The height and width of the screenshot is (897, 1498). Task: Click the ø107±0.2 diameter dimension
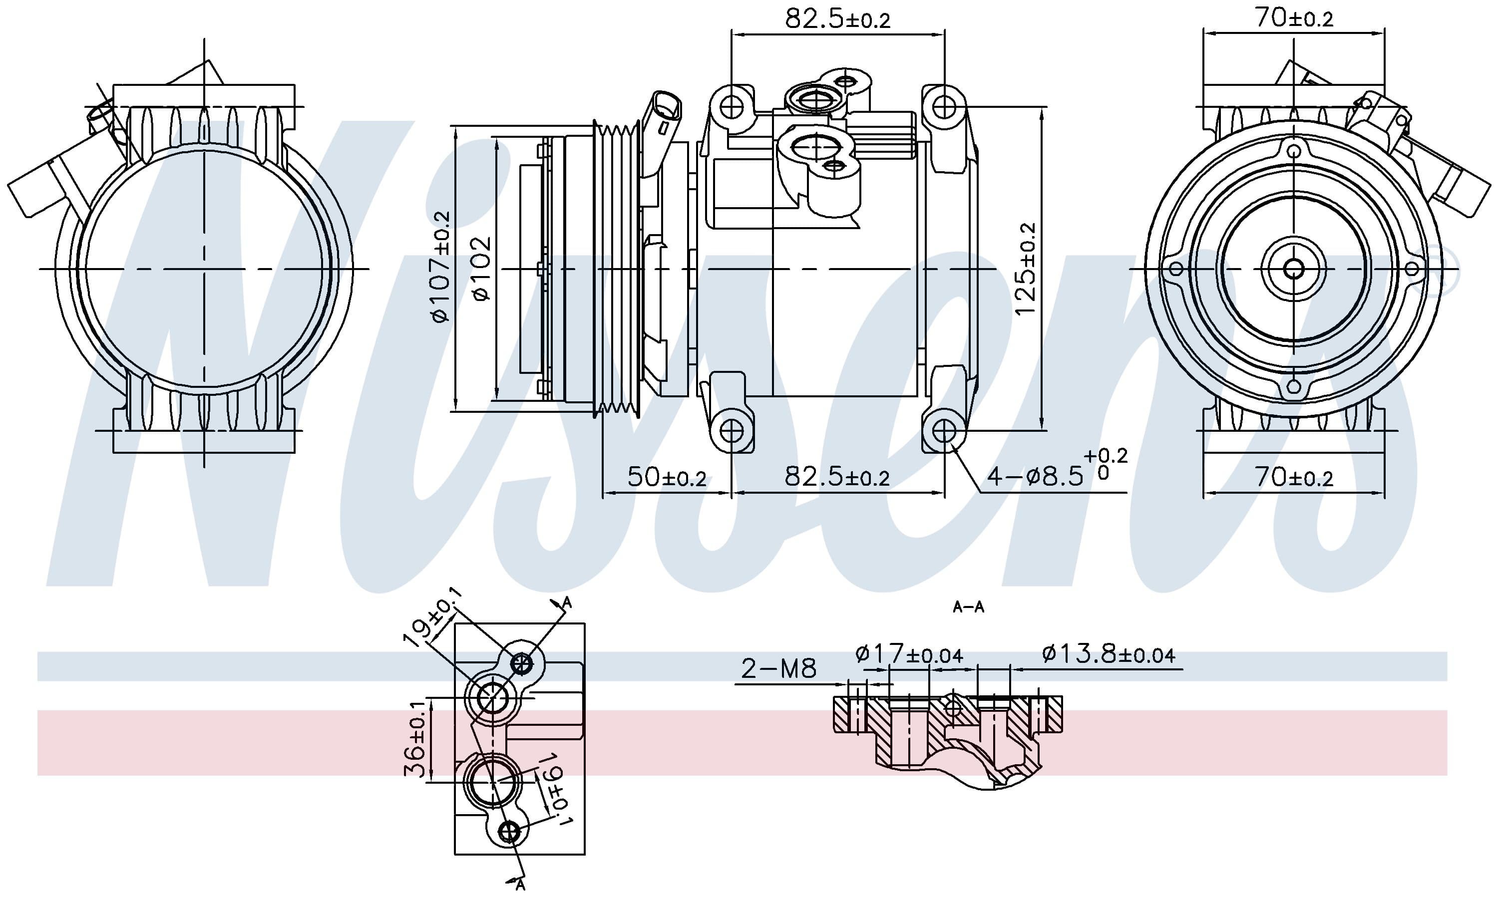point(441,266)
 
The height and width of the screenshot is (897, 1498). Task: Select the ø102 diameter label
point(482,269)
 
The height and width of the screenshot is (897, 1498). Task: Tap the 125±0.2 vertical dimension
point(1025,269)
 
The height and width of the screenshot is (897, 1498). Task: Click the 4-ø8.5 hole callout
point(1055,476)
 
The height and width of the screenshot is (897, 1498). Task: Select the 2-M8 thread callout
point(778,668)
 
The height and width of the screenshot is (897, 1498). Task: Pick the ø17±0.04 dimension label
point(909,654)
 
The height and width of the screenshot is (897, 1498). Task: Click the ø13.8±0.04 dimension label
point(1108,654)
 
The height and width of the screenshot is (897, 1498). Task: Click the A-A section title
point(968,607)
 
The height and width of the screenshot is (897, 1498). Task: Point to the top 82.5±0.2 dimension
point(837,19)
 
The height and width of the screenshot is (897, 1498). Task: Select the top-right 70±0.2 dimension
point(1294,18)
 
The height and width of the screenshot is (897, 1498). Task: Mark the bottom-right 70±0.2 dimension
point(1294,478)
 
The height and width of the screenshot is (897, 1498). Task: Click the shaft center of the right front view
point(1294,269)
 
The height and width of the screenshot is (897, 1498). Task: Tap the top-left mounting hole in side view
point(732,107)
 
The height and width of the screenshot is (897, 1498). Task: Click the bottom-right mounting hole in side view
point(944,431)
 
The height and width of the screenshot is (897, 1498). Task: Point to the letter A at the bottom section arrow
point(520,886)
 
